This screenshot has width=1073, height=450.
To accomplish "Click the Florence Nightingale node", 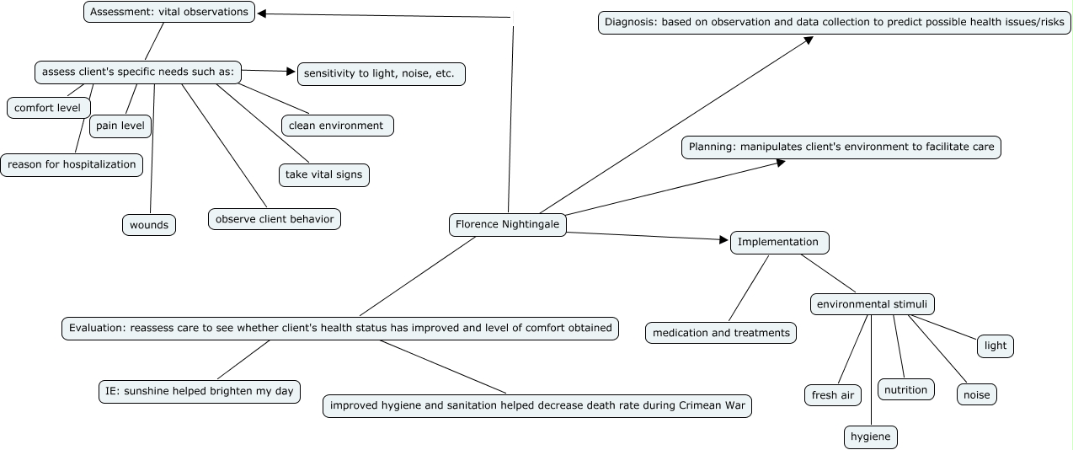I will [x=507, y=224].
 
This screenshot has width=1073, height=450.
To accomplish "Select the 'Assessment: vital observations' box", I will [x=169, y=12].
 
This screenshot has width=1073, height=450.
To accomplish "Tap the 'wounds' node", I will [x=149, y=225].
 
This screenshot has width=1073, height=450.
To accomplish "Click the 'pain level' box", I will [x=120, y=126].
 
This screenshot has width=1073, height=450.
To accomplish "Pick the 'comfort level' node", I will [x=47, y=108].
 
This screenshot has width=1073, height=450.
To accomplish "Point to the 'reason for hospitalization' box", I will [x=72, y=164].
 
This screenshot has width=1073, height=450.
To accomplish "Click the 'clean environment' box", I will [x=336, y=126].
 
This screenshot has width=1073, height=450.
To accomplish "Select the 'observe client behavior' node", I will [x=275, y=219].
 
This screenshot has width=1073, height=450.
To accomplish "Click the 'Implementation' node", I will [x=778, y=242].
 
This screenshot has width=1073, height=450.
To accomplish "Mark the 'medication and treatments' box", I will [x=721, y=333].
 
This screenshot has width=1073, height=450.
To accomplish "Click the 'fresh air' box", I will [x=833, y=394].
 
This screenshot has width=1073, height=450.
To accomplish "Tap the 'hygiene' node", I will [x=871, y=437].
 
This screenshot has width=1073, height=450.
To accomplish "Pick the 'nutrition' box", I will [x=906, y=389].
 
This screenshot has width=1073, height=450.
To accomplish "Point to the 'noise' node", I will [x=977, y=394].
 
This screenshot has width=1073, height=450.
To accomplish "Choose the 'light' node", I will [x=996, y=346].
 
